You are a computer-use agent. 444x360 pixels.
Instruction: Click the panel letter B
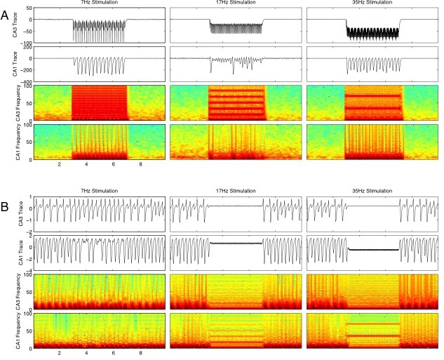tap(6, 208)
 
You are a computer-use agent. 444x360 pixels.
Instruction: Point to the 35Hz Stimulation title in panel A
tap(372, 4)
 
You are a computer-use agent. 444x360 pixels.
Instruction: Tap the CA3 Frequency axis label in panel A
tap(13, 103)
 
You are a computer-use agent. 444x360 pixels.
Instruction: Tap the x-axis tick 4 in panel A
tap(86, 166)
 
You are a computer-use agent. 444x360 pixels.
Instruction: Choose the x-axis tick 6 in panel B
tap(113, 354)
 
